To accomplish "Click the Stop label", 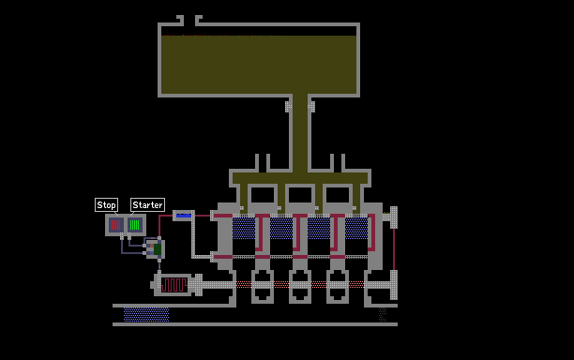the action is tap(107, 205).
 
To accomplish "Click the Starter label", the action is tap(147, 205).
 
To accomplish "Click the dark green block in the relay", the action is tap(158, 249).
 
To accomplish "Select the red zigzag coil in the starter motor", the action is tap(174, 285).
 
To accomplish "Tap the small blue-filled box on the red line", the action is tap(184, 216).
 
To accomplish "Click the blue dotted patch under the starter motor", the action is tap(146, 315).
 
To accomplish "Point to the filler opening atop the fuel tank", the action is tap(189, 21).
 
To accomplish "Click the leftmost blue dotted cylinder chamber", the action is tap(244, 229).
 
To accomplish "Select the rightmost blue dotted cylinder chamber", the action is tap(356, 229).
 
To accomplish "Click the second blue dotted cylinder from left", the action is tap(281, 229).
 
